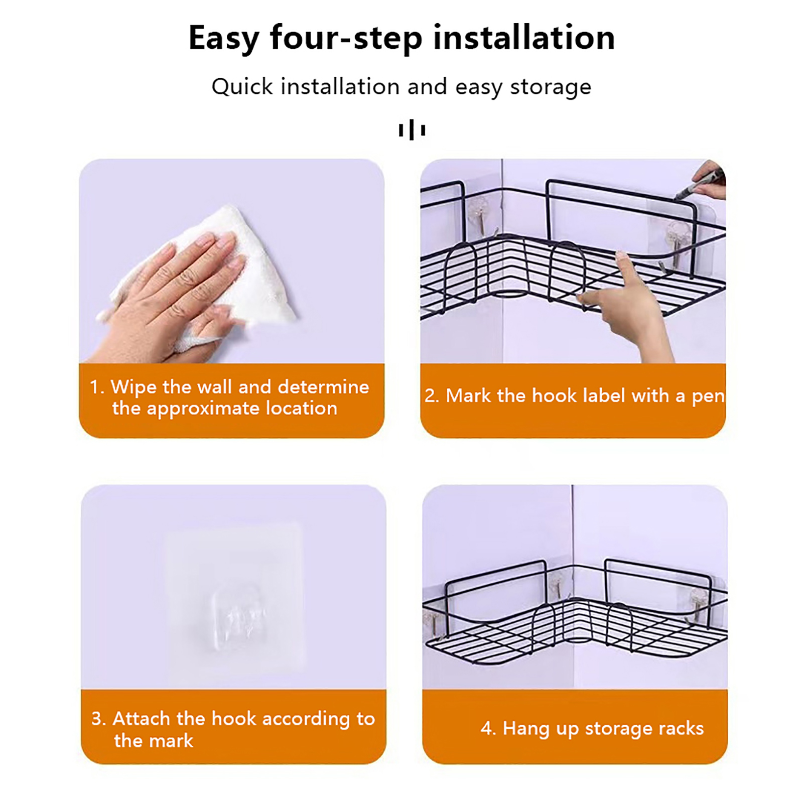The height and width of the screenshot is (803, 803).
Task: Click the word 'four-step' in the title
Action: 346,39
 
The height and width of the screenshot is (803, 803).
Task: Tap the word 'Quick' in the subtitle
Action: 242,86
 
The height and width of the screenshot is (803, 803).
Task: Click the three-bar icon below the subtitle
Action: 412,130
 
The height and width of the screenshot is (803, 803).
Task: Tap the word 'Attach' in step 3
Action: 141,719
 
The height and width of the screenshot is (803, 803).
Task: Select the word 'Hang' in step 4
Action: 526,729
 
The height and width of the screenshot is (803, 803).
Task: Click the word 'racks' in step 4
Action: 681,728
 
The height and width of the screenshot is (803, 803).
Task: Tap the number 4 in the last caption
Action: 486,728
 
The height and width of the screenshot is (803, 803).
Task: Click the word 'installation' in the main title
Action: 524,38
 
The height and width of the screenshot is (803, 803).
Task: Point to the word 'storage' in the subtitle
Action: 551,87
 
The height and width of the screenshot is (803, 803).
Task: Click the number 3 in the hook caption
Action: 97,719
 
